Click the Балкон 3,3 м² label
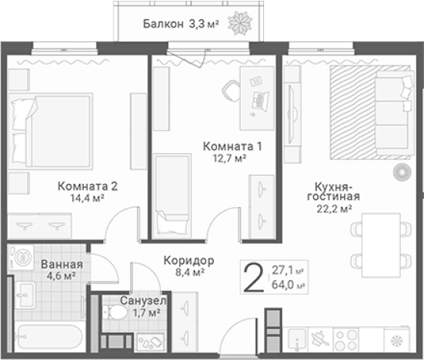tap(182, 25)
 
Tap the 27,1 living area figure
tap(282, 270)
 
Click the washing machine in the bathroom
tap(22, 257)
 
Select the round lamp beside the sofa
tap(401, 172)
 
